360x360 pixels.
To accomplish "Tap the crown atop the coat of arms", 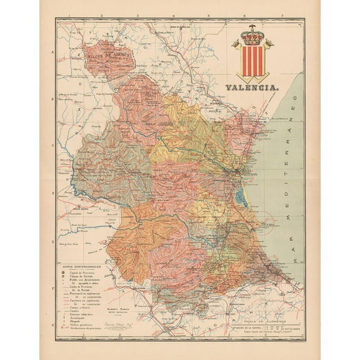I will pos(252,36).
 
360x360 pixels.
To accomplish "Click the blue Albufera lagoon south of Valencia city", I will pos(242,197).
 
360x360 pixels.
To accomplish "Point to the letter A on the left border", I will pos(53,53).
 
